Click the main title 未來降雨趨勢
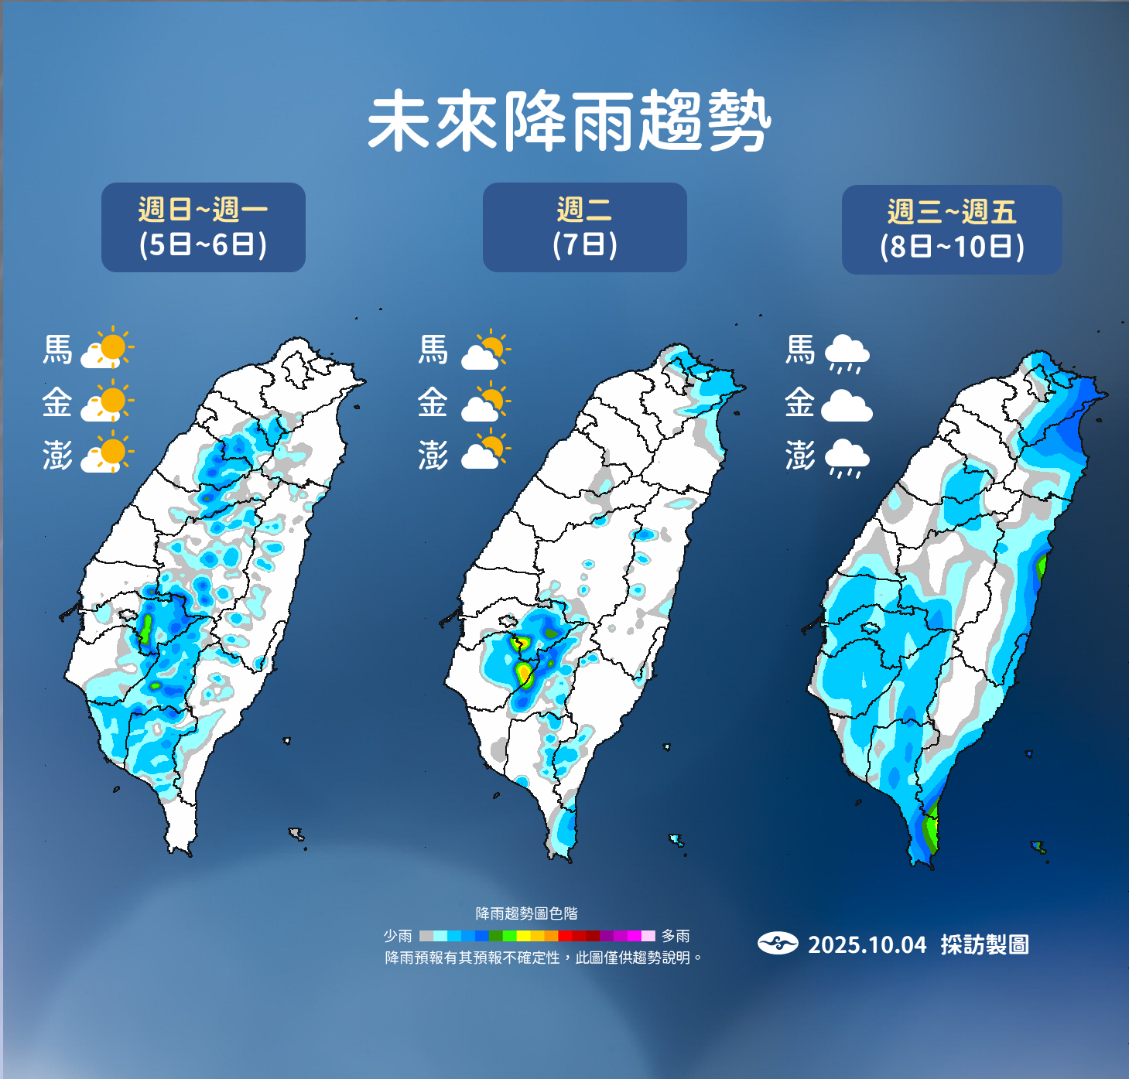[569, 121]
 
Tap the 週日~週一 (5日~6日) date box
[204, 227]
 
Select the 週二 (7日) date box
[584, 227]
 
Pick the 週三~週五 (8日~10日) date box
[952, 230]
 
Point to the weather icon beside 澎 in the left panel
[108, 454]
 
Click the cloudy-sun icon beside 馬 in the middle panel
[486, 351]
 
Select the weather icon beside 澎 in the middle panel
[486, 452]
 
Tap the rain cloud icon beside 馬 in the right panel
[847, 353]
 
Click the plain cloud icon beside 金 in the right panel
[847, 405]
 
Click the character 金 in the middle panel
[433, 402]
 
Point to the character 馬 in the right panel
[800, 350]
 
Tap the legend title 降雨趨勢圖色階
[526, 913]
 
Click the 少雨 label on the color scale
[398, 936]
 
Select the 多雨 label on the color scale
[676, 936]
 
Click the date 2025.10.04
[867, 944]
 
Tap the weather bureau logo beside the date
[778, 944]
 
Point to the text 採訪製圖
[984, 944]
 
